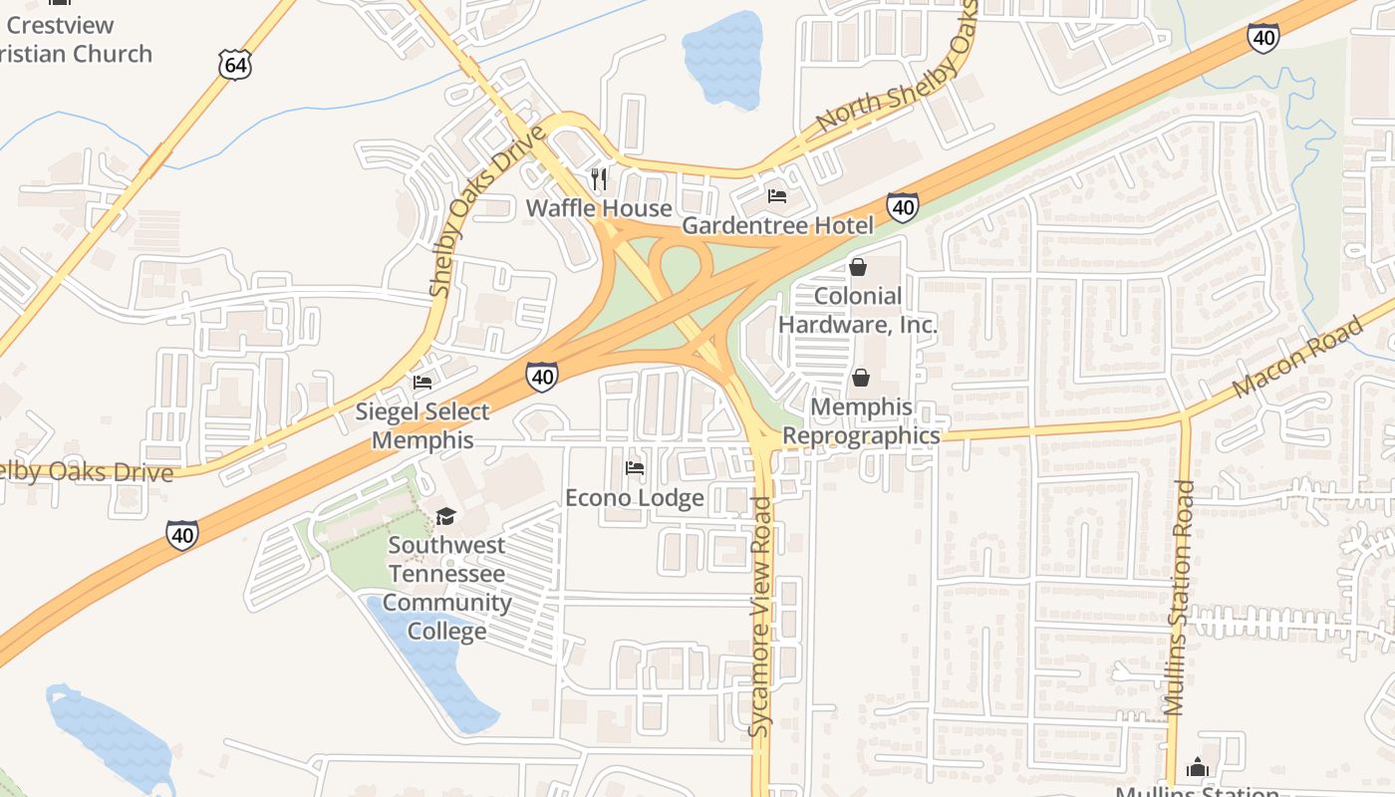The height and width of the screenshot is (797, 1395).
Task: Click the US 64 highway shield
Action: (x=236, y=66)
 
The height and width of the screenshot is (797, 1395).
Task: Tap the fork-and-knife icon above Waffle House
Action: (x=599, y=179)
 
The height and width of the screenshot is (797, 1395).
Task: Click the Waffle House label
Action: (x=599, y=208)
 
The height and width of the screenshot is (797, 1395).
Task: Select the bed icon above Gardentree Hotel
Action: (x=777, y=196)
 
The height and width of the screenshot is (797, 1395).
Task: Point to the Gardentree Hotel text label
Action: (x=777, y=226)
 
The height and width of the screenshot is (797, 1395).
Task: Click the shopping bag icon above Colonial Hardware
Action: (x=858, y=267)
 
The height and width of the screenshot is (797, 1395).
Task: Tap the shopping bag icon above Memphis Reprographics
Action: (x=860, y=378)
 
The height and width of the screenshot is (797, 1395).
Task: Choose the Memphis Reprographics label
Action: (x=861, y=421)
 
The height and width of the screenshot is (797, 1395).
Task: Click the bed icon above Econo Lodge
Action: (x=634, y=467)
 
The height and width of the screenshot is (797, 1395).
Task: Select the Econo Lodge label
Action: (x=635, y=497)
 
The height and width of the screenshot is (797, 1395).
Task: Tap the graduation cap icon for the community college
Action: (x=445, y=516)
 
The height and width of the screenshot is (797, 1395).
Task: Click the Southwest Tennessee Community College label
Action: (x=446, y=588)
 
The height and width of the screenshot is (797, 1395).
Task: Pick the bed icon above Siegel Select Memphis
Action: (x=422, y=382)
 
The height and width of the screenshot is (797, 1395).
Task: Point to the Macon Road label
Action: (x=1296, y=358)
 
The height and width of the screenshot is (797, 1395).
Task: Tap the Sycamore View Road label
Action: (x=761, y=618)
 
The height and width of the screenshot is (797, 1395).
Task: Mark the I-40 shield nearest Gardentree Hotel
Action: (x=903, y=207)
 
